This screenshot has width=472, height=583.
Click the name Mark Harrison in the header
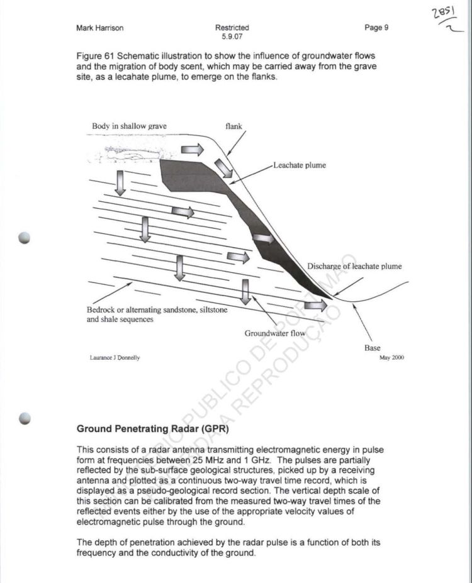[x=100, y=28]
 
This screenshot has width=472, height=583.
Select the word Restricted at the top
[x=232, y=28]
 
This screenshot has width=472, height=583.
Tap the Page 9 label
[x=376, y=28]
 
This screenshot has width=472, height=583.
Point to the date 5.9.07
[x=232, y=36]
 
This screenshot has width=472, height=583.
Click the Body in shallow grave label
[x=129, y=126]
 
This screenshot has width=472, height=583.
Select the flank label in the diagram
[x=233, y=126]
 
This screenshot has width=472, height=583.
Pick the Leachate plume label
[x=300, y=166]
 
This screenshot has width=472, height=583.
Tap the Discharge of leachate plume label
[x=354, y=266]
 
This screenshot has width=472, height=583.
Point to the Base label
[x=373, y=348]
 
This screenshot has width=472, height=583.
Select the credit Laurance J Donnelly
[x=115, y=358]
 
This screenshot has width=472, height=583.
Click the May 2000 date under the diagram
[x=391, y=357]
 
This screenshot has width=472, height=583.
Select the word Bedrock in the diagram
[x=101, y=310]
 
